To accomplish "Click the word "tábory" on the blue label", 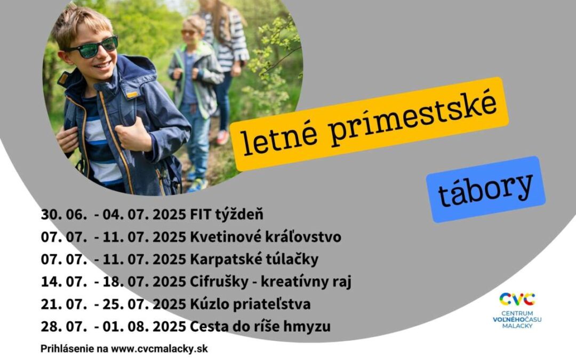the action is pyautogui.click(x=485, y=189).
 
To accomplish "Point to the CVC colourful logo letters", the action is pyautogui.click(x=517, y=299).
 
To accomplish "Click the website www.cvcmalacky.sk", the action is pyautogui.click(x=159, y=349).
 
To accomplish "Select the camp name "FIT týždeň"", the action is pyautogui.click(x=227, y=214).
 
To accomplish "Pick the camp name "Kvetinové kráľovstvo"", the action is pyautogui.click(x=266, y=237).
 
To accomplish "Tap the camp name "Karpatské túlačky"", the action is pyautogui.click(x=254, y=259).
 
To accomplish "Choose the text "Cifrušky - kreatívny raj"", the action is pyautogui.click(x=270, y=282).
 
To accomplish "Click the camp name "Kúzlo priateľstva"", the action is pyautogui.click(x=250, y=304).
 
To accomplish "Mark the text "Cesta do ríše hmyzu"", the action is pyautogui.click(x=260, y=326).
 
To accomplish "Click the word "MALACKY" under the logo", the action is pyautogui.click(x=517, y=326).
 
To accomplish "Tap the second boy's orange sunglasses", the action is pyautogui.click(x=189, y=33).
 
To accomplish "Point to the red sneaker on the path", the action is pyautogui.click(x=222, y=138).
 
